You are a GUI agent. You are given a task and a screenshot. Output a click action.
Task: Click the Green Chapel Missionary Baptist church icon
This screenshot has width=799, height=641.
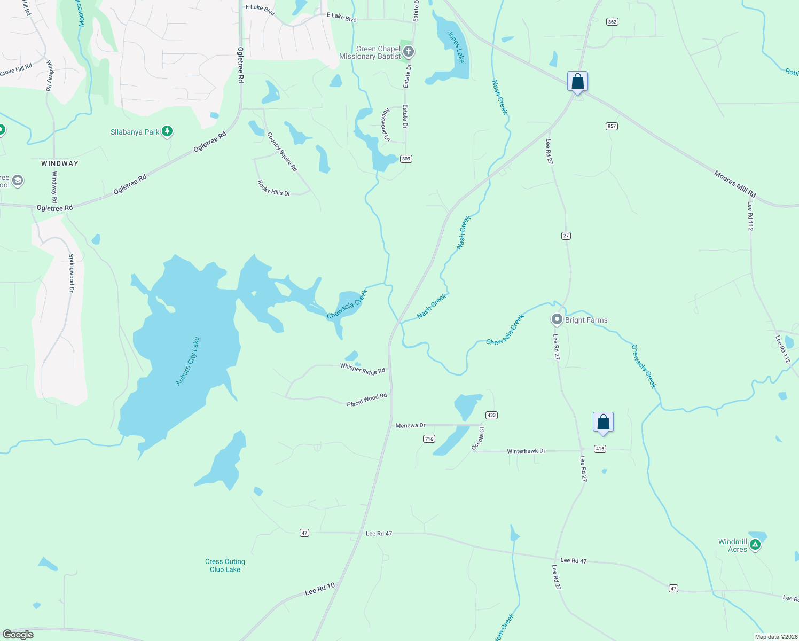point(409,52)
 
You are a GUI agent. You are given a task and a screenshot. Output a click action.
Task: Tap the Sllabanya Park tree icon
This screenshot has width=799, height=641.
point(167,131)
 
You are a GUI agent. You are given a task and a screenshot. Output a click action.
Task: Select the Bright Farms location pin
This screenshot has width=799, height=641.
point(557,319)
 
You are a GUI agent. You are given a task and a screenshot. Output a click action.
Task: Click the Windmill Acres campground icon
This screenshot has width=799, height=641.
point(755,545)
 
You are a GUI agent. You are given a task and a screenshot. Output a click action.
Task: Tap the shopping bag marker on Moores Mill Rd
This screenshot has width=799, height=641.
point(577,82)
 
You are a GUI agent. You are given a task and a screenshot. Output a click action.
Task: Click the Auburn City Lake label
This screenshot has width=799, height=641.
point(187,361)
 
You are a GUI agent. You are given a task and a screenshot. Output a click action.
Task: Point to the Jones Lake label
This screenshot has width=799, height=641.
point(456,47)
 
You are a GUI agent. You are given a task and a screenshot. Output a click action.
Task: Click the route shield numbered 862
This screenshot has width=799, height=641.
point(612,22)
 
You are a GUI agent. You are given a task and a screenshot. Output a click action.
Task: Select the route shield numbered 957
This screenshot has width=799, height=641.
point(612,126)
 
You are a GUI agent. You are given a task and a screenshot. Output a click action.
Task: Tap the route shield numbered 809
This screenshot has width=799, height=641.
point(406,159)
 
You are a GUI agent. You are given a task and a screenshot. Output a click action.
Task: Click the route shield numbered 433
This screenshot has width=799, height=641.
point(491,415)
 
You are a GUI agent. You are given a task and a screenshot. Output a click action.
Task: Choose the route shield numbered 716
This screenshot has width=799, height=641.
point(429,439)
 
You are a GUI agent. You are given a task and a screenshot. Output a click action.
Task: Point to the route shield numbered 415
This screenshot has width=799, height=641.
point(600,449)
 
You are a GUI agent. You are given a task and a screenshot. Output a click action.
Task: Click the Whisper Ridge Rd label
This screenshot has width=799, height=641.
point(363,369)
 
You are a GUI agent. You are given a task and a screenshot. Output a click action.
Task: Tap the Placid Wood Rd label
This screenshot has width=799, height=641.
point(367,400)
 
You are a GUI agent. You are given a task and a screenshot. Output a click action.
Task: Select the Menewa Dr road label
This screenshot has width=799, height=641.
point(410,425)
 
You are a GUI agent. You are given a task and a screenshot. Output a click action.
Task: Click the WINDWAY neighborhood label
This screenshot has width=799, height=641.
point(60,163)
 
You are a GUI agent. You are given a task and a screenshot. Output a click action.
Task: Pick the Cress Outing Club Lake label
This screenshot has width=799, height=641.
point(225,565)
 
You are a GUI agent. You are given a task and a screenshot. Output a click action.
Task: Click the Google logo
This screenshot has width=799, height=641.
point(18,635)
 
